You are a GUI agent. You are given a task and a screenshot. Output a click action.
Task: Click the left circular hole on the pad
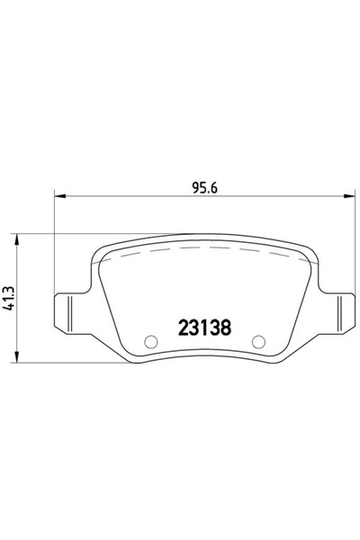coord(151,341)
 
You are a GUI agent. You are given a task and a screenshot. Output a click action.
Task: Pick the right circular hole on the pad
coord(257,341)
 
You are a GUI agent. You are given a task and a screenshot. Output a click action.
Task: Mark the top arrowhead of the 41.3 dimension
coord(18,237)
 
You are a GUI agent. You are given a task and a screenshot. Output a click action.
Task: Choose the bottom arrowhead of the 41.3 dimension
coord(18,355)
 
